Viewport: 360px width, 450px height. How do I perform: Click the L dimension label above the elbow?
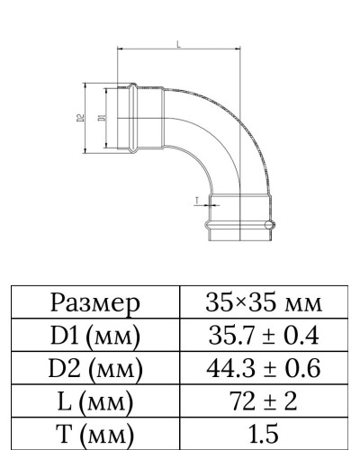coord(179,43)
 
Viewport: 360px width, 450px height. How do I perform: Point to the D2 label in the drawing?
coord(80,118)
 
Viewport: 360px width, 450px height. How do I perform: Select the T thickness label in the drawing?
coord(195,202)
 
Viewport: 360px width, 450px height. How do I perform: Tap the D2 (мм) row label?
coord(96,367)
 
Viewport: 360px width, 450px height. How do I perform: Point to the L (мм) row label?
coord(96,399)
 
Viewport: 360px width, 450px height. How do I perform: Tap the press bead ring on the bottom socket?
coord(239,225)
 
